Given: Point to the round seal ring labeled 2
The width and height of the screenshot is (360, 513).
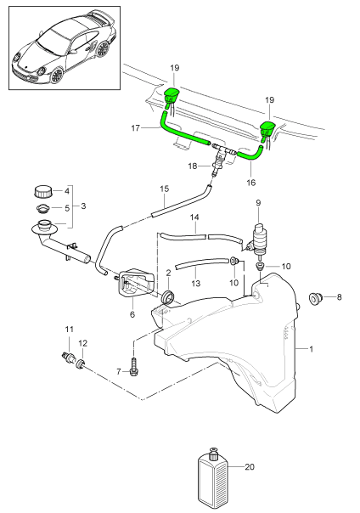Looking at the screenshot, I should point(168,296).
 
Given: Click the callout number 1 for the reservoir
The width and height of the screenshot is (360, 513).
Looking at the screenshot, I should point(310,348).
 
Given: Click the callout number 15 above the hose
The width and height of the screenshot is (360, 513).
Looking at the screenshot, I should point(165,188).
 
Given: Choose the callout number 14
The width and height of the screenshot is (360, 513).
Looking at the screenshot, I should point(194,217).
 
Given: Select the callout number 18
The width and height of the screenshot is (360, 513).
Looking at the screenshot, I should point(191,166).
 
